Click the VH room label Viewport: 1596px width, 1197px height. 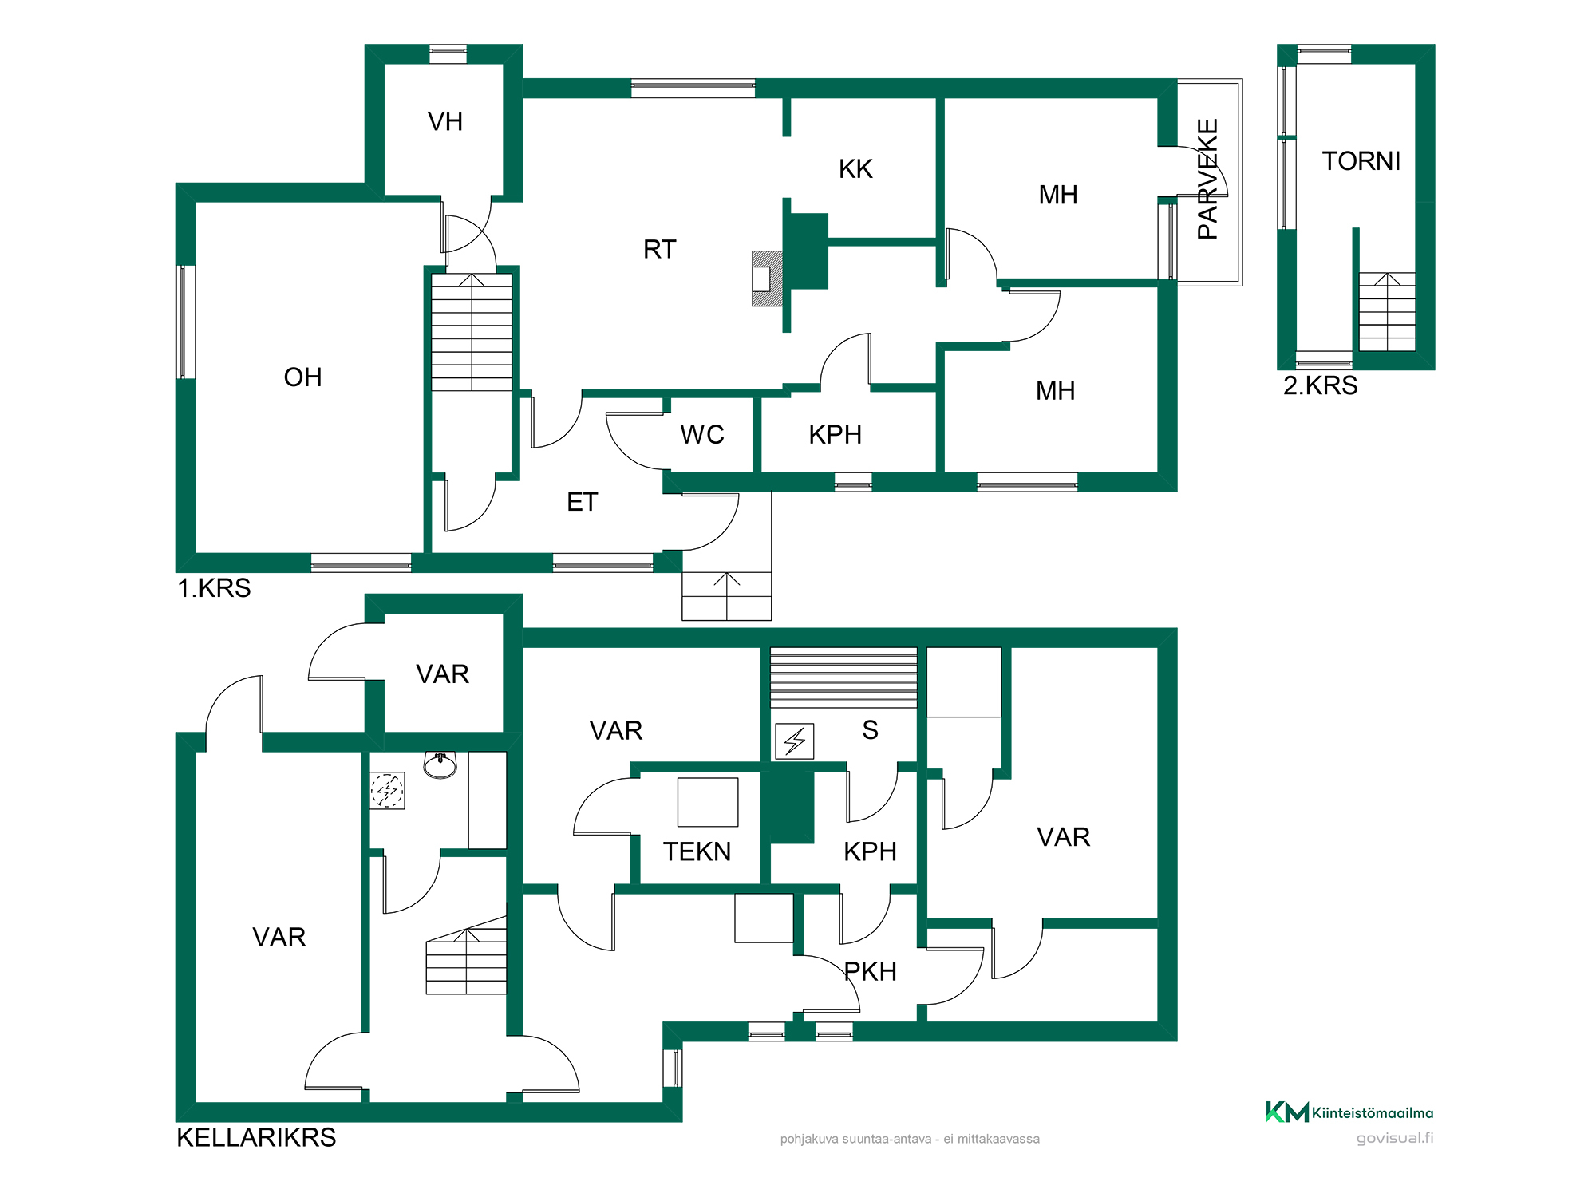pyautogui.click(x=445, y=121)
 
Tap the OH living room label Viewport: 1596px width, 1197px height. pyautogui.click(x=303, y=377)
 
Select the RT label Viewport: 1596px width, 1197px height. pyautogui.click(x=660, y=250)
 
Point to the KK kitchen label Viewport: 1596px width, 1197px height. pyautogui.click(x=855, y=169)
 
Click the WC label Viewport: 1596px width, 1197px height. pyautogui.click(x=702, y=435)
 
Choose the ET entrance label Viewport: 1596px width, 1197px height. pyautogui.click(x=583, y=502)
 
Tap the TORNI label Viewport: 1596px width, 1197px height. pyautogui.click(x=1361, y=161)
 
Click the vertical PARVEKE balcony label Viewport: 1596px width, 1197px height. pyautogui.click(x=1208, y=179)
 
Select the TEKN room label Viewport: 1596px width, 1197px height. pyautogui.click(x=697, y=852)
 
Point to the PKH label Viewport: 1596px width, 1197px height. pyautogui.click(x=871, y=972)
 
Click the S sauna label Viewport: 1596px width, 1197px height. pyautogui.click(x=871, y=730)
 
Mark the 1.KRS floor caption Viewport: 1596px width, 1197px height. pyautogui.click(x=214, y=588)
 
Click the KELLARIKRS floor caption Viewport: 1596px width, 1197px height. pyautogui.click(x=256, y=1138)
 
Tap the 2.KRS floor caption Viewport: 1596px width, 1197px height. pyautogui.click(x=1321, y=385)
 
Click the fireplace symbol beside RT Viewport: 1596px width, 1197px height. pyautogui.click(x=768, y=279)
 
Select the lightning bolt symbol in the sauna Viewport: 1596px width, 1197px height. pyautogui.click(x=795, y=741)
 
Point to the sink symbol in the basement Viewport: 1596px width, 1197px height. pyautogui.click(x=440, y=764)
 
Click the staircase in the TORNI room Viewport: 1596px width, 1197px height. pyautogui.click(x=1388, y=312)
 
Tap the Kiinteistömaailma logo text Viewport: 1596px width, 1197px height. pyautogui.click(x=1373, y=1113)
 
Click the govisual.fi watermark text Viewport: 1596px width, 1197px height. pyautogui.click(x=1395, y=1138)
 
